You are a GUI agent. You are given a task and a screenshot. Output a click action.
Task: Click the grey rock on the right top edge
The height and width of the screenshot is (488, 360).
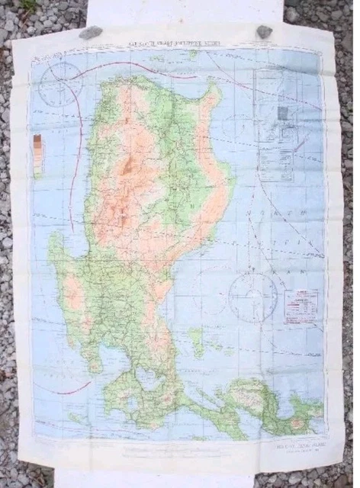(x=264, y=31)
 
